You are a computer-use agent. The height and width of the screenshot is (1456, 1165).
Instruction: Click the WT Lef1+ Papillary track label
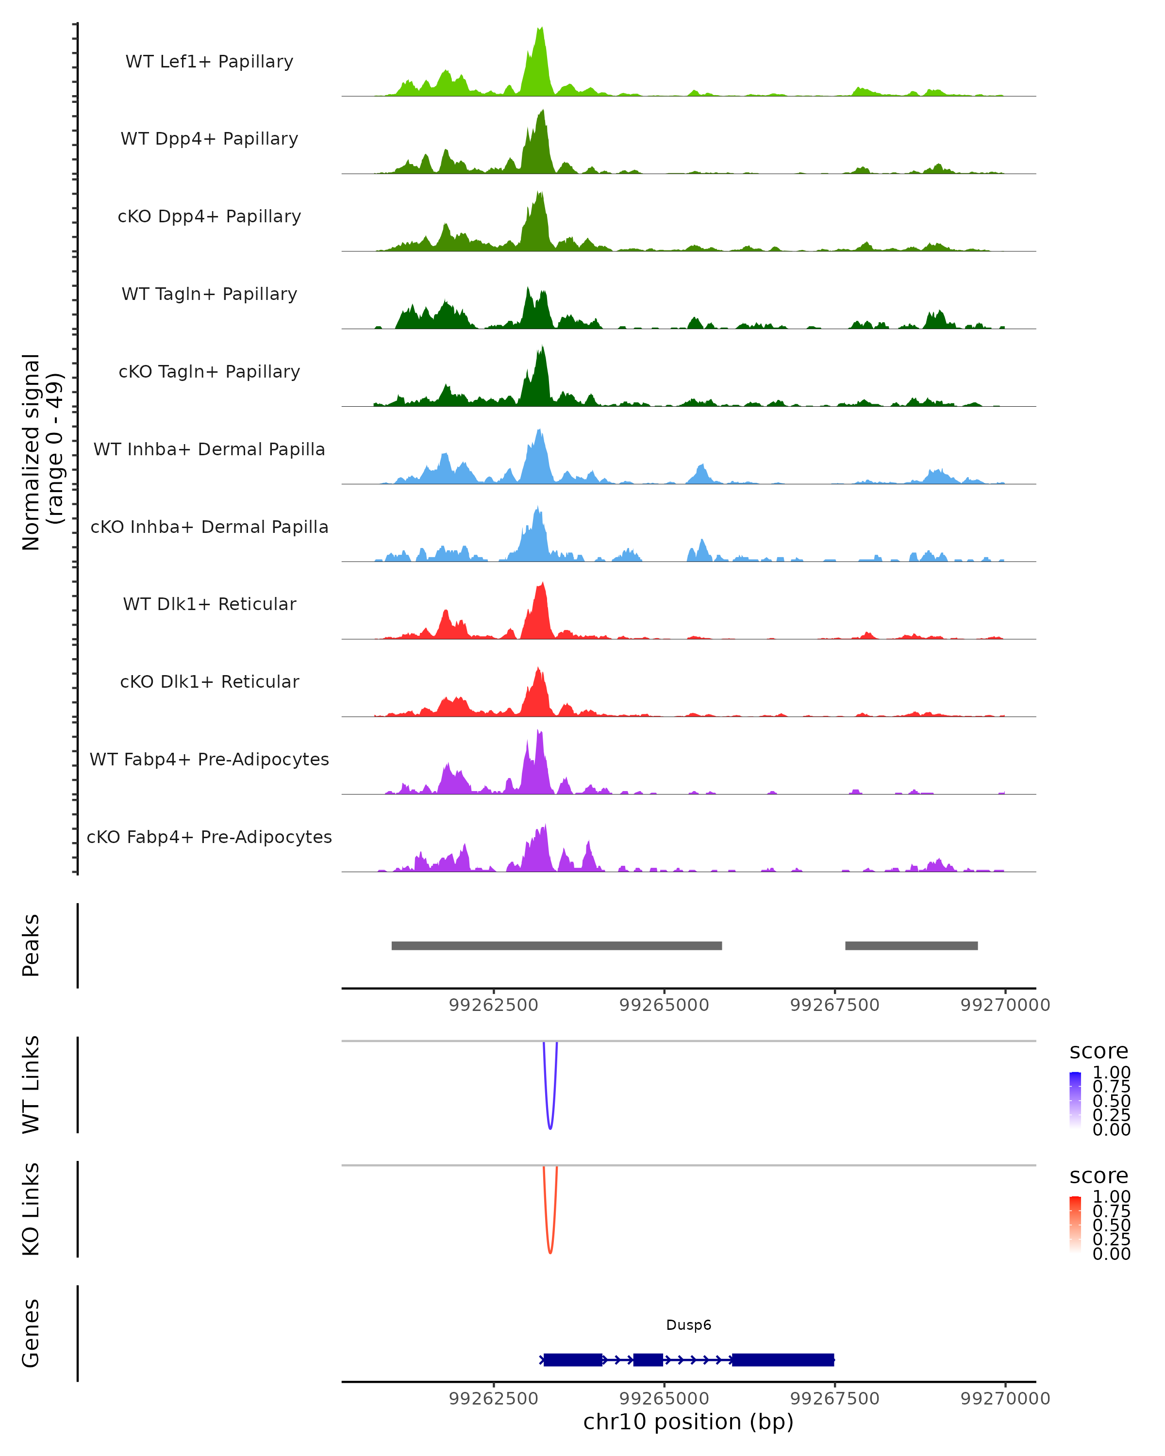tap(209, 62)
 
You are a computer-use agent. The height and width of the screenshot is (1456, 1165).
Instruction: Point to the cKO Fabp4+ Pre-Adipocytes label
tap(209, 837)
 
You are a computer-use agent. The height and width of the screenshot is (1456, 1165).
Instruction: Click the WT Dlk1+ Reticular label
tap(209, 604)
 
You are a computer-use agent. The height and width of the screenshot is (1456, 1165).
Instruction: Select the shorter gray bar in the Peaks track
tap(911, 945)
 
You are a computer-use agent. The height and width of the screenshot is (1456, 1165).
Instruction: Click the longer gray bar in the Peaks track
tap(556, 945)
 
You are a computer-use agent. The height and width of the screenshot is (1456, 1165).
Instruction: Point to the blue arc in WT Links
tap(550, 1127)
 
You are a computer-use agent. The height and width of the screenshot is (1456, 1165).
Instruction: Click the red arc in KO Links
tap(550, 1251)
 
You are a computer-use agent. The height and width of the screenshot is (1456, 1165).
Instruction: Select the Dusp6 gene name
tap(688, 1325)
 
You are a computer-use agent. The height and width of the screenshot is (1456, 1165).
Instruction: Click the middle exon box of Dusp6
tap(648, 1359)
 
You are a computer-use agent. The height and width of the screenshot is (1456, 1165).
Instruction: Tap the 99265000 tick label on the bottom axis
tap(664, 1399)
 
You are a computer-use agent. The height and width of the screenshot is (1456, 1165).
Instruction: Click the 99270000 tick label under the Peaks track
tap(1005, 1005)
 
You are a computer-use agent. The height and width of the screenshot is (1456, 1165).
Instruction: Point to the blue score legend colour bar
tap(1075, 1101)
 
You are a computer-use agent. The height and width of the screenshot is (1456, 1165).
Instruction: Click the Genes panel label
tap(31, 1333)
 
